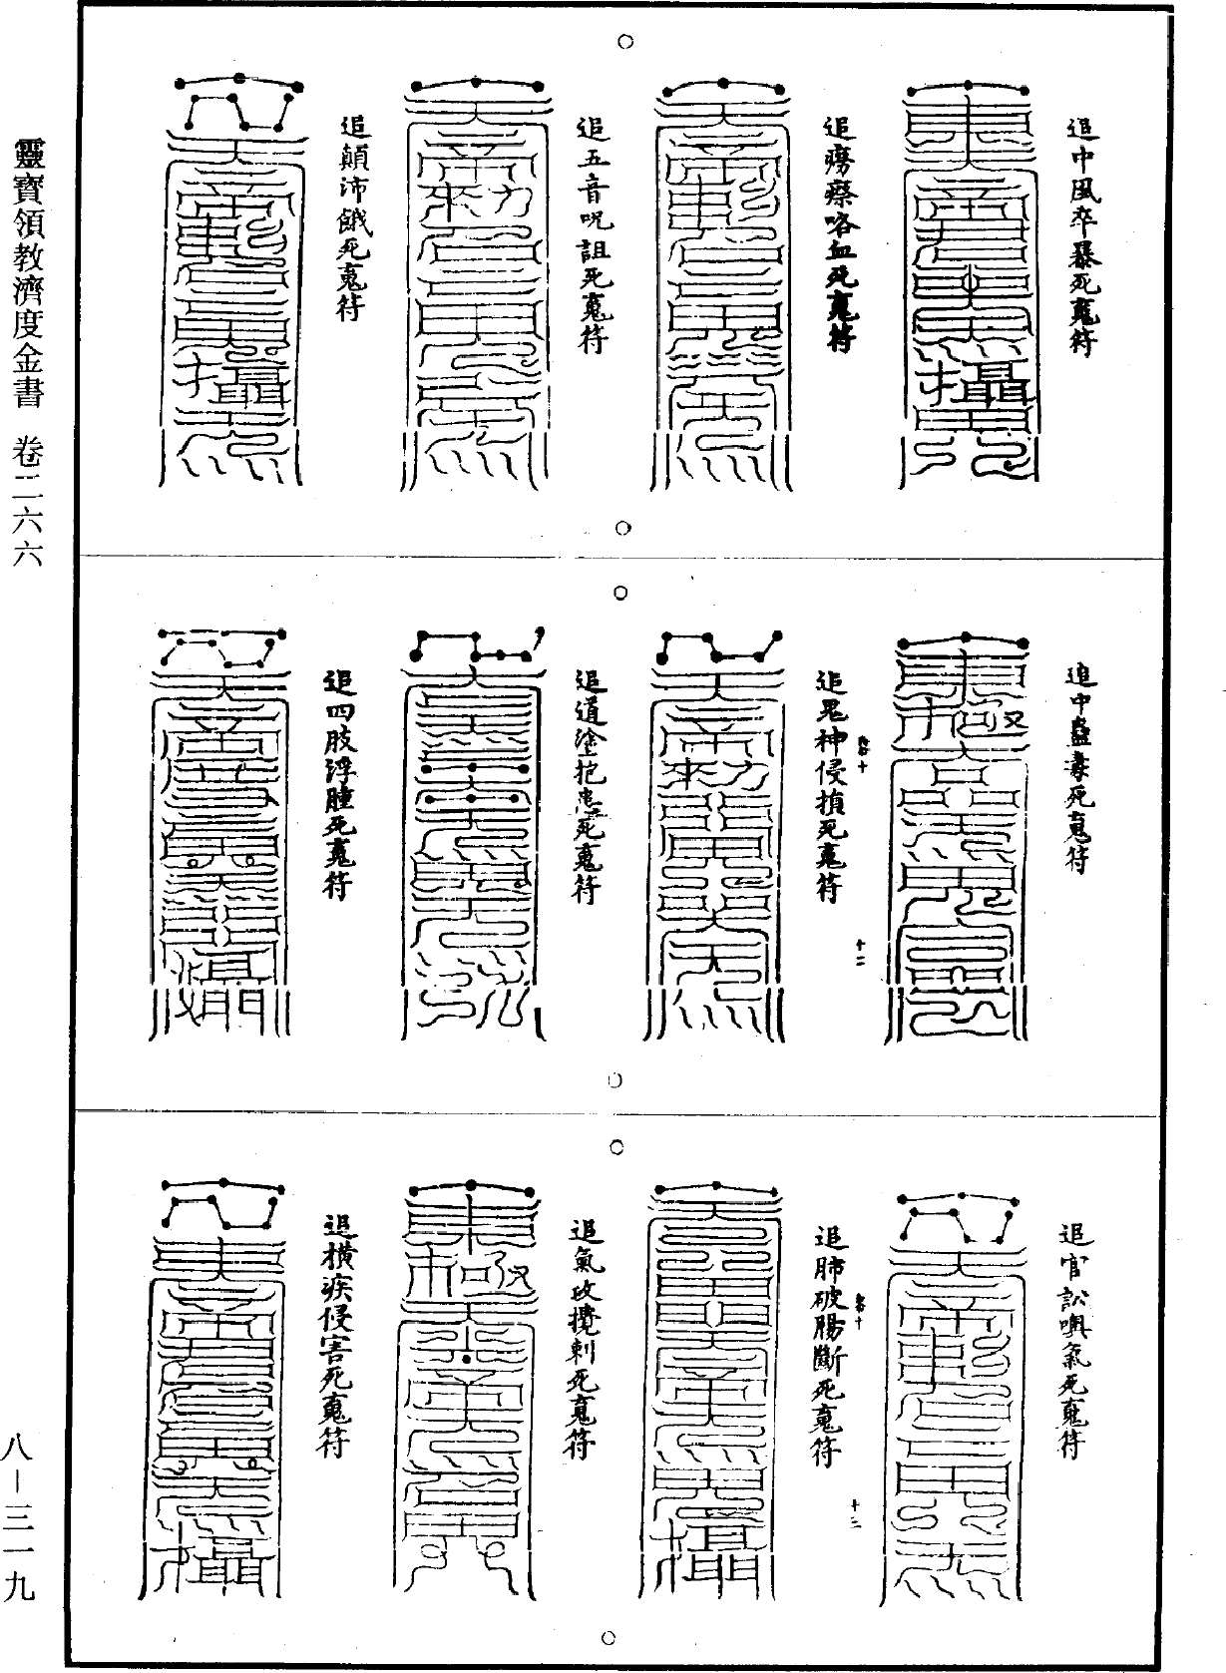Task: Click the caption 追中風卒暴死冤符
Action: point(1081,234)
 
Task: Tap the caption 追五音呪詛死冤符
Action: point(593,234)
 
